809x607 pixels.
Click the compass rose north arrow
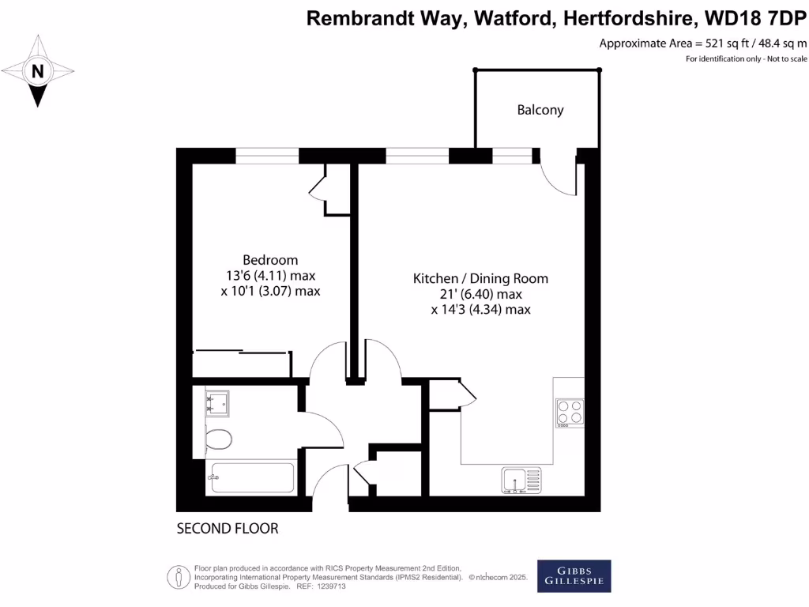coord(37,71)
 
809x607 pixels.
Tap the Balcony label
coord(540,110)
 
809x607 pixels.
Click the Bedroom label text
coord(270,260)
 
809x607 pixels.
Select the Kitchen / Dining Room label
coord(480,278)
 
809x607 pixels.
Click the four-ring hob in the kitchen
coord(569,411)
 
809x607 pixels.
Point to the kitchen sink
coord(521,478)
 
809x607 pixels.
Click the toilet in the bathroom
coord(217,439)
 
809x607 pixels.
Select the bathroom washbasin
coord(216,403)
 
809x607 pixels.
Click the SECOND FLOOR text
coord(228,528)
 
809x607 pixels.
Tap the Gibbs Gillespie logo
coord(574,576)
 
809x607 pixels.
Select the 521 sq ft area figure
coord(710,43)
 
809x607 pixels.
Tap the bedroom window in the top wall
coord(267,156)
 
